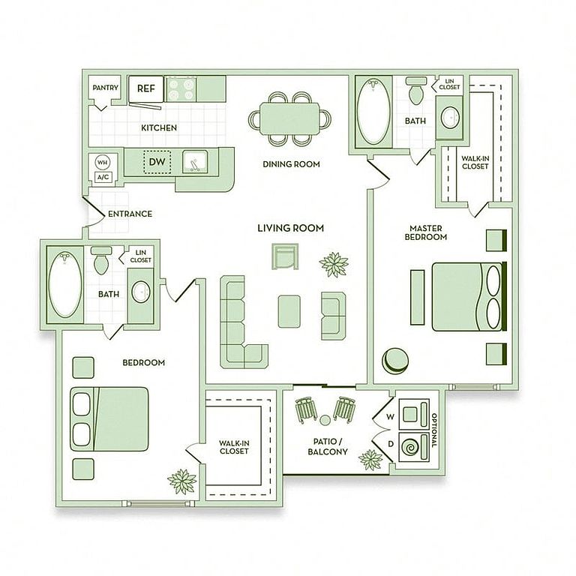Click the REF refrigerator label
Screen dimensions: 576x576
click(x=145, y=88)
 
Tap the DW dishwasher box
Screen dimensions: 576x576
click(x=157, y=161)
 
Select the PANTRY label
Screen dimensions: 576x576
click(x=106, y=88)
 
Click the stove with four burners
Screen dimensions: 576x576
click(x=180, y=89)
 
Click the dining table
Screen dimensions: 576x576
click(x=291, y=118)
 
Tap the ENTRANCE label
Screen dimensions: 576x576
click(x=130, y=214)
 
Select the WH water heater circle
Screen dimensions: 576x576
click(x=103, y=162)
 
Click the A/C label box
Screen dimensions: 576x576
click(x=103, y=177)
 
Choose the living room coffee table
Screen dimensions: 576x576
click(x=289, y=310)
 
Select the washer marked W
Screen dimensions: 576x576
click(x=413, y=414)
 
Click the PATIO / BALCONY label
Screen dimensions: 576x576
click(x=328, y=447)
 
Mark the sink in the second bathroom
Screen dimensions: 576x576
click(x=140, y=291)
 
